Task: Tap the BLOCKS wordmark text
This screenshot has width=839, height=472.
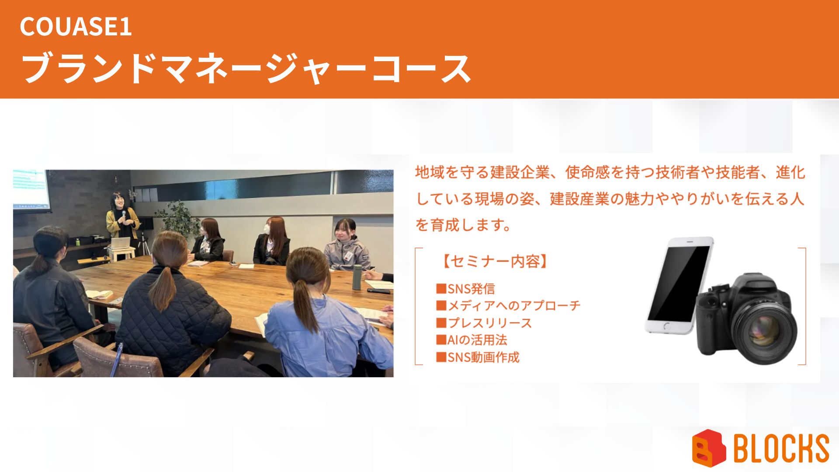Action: [x=781, y=448]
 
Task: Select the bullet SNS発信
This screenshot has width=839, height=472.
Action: [x=465, y=289]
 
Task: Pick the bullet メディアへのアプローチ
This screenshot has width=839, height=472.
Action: [x=508, y=305]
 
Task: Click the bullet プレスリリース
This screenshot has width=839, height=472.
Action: [x=484, y=323]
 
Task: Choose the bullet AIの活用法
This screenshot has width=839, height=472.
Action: [x=472, y=340]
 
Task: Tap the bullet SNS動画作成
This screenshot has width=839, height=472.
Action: [x=478, y=357]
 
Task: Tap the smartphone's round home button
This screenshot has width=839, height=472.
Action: [x=666, y=326]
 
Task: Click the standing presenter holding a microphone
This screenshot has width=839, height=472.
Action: [x=122, y=219]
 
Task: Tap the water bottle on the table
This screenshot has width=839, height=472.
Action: [x=357, y=277]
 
